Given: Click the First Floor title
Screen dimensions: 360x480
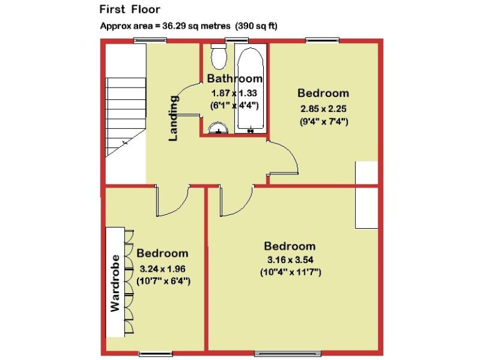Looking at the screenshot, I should [x=130, y=9].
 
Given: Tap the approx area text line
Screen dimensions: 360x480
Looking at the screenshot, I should [x=189, y=26].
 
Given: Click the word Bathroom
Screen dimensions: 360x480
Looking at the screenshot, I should [x=234, y=79].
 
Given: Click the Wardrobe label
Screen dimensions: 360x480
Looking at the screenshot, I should [x=115, y=282].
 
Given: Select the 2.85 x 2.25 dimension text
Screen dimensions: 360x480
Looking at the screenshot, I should [x=323, y=107].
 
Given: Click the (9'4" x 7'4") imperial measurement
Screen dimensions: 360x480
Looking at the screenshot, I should [x=324, y=121].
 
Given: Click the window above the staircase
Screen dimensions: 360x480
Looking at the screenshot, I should [x=151, y=41].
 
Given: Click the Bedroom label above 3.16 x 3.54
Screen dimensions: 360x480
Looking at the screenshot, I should [x=289, y=246].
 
